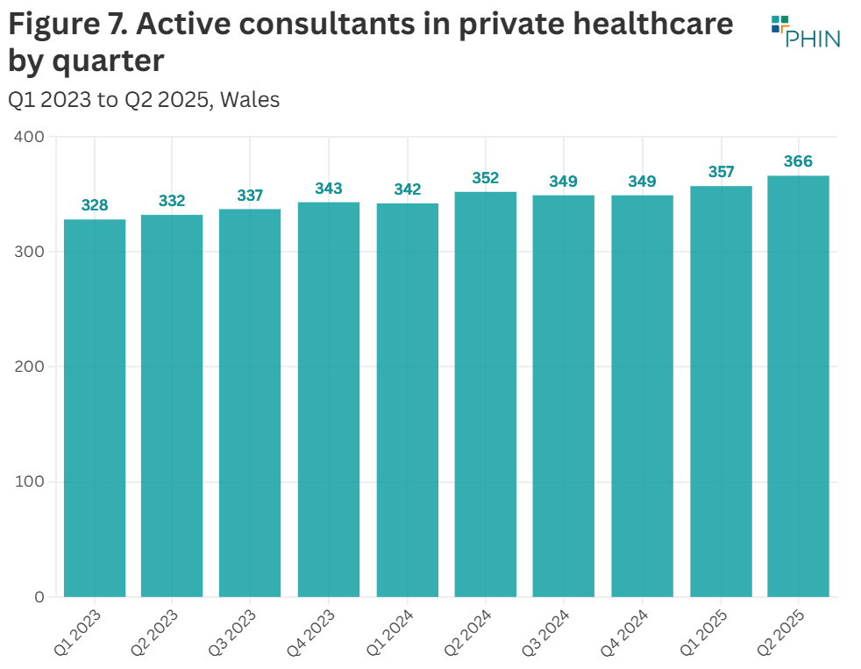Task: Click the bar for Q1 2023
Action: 95,408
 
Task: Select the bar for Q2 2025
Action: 798,386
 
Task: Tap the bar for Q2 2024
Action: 485,395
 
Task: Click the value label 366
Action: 798,161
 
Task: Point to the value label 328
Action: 95,205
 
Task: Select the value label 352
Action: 485,178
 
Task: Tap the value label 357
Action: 721,172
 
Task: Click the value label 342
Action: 408,189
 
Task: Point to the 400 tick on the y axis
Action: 29,137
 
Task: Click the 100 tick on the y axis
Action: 29,481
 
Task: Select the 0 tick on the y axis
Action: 38,597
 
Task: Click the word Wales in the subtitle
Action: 250,100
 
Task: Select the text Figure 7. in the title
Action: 67,25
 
